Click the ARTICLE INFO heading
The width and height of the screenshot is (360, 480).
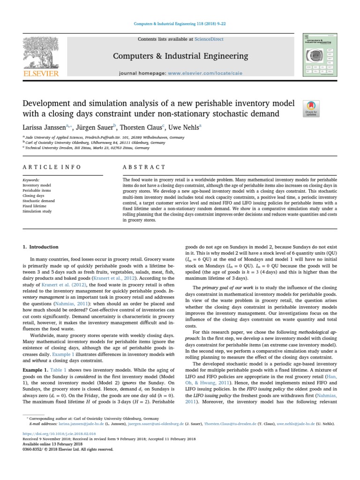52,167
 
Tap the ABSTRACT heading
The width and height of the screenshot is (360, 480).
144,167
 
